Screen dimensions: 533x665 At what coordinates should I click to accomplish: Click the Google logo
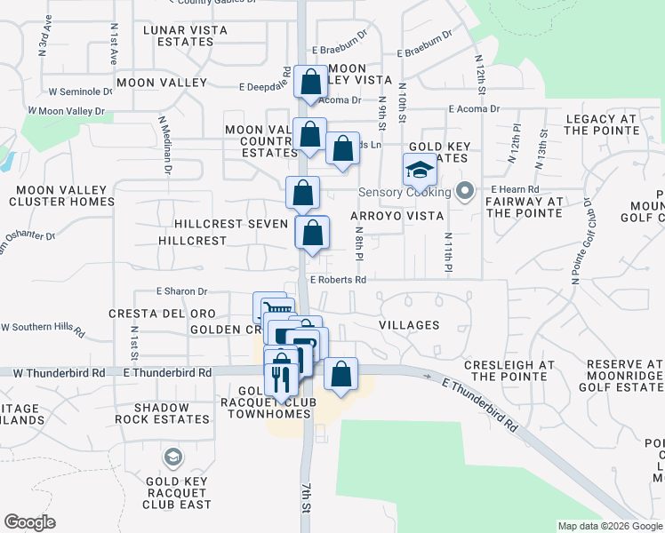tap(30, 522)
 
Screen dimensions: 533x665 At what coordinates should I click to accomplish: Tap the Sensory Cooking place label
tap(405, 192)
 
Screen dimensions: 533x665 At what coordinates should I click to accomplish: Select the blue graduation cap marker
tap(420, 169)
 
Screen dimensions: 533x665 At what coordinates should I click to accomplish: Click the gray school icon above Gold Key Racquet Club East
tap(173, 457)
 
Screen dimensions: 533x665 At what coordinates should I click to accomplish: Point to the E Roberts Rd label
tap(338, 279)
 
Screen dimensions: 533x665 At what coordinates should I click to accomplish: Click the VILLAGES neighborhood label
tap(409, 325)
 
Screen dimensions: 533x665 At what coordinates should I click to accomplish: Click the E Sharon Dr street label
tap(181, 290)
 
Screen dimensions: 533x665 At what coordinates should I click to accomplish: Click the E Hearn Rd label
tap(516, 190)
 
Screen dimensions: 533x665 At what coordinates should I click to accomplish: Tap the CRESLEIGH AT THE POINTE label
tap(509, 370)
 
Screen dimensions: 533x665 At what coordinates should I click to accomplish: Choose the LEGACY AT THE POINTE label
tap(601, 124)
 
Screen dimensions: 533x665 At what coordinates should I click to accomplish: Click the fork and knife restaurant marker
tap(281, 379)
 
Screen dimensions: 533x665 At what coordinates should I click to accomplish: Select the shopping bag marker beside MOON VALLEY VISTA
tap(311, 83)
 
